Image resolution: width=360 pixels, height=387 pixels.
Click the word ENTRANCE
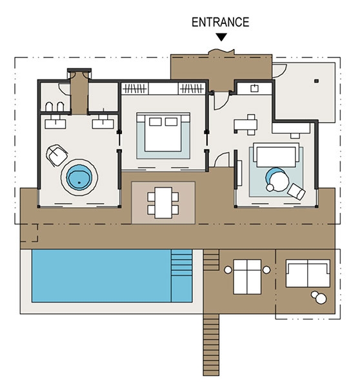tap(220, 22)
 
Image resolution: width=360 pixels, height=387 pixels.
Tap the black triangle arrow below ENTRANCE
tap(221, 37)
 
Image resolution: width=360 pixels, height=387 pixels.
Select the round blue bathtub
tap(79, 177)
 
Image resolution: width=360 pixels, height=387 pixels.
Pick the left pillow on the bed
tap(155, 122)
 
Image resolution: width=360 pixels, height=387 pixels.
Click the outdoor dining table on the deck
tap(163, 203)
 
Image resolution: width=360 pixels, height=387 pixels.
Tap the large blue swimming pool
tap(112, 275)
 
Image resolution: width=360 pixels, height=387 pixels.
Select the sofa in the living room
tap(276, 155)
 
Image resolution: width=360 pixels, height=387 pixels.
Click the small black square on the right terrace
tap(316, 81)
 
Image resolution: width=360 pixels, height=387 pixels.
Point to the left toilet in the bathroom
tap(49, 107)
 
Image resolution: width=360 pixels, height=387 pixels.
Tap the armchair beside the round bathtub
tap(57, 155)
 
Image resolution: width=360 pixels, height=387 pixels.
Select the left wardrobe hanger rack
tap(135, 88)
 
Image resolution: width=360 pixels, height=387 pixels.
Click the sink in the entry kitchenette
tap(255, 88)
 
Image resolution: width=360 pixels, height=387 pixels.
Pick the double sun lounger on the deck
tap(247, 277)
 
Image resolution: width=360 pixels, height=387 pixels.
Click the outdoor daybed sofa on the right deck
tap(308, 273)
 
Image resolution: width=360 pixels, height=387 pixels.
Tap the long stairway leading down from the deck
tap(211, 345)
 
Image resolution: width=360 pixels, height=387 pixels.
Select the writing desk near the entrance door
tap(246, 124)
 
